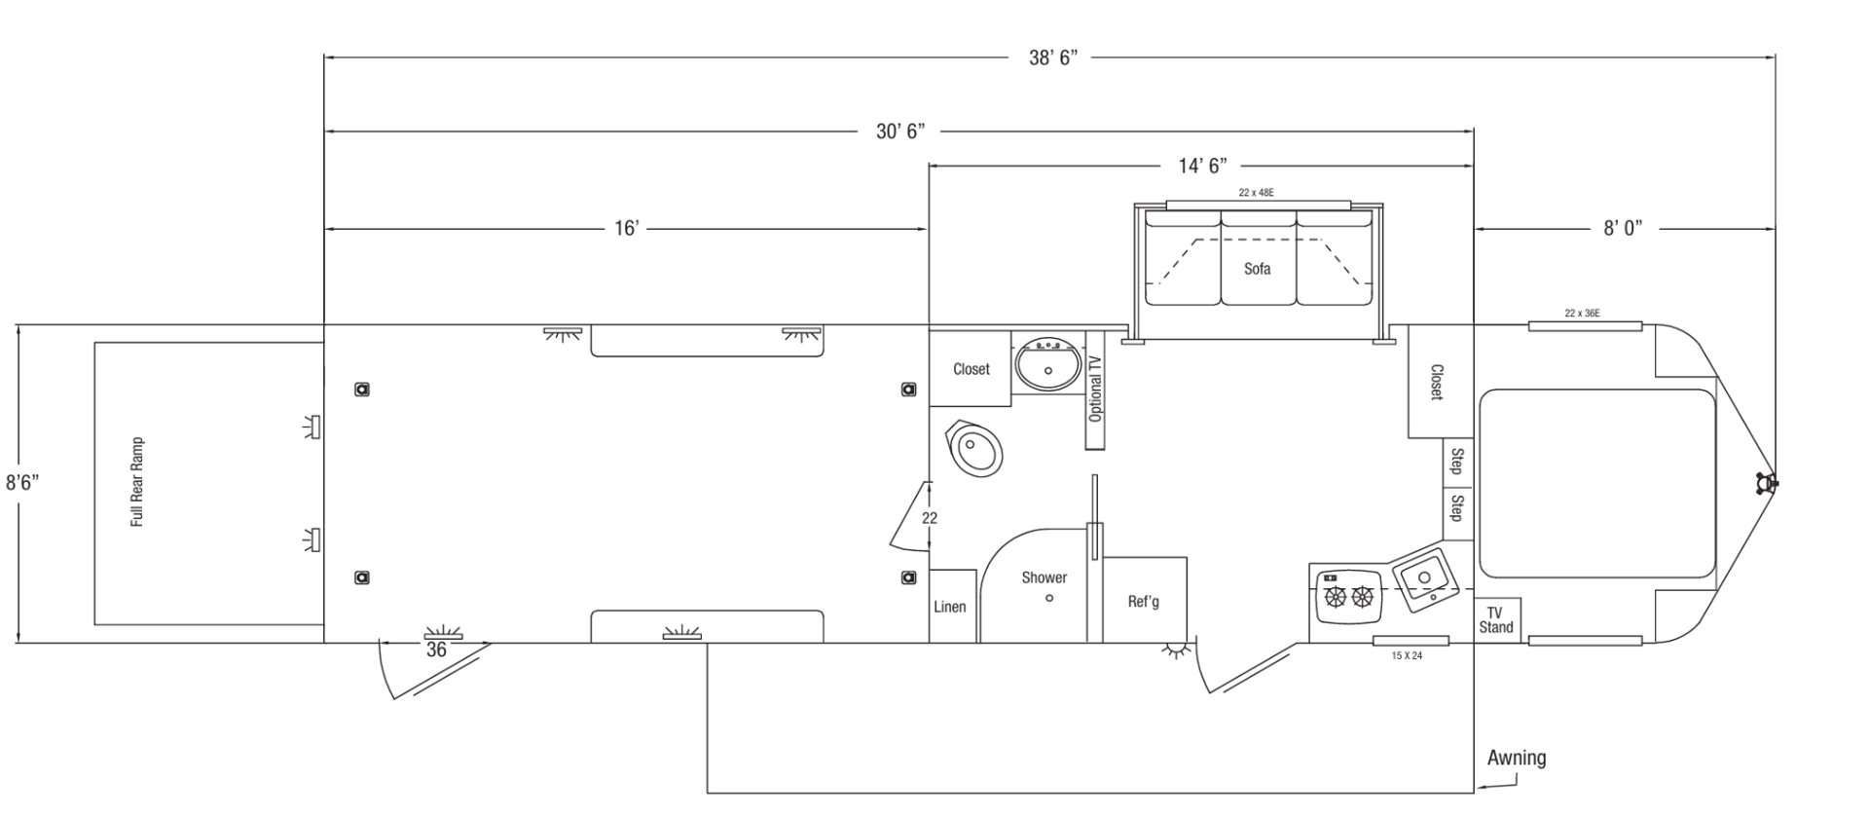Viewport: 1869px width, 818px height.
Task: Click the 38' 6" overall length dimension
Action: tap(1053, 57)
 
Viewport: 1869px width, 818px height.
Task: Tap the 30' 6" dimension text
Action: tap(899, 130)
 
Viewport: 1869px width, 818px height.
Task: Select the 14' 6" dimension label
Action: tap(1202, 166)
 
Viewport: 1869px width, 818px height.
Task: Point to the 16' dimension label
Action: tap(626, 228)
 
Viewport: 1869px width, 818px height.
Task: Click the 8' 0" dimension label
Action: tap(1623, 228)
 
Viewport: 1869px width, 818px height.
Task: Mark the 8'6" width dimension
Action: tap(21, 482)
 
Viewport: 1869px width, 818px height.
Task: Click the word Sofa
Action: tap(1257, 269)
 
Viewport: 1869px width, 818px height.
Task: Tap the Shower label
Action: tap(1044, 577)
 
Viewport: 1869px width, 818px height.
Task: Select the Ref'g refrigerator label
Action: tap(1144, 602)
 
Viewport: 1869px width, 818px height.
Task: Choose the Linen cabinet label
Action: tap(950, 607)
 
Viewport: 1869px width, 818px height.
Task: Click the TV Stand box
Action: tap(1497, 619)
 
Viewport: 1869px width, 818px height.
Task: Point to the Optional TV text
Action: tap(1096, 388)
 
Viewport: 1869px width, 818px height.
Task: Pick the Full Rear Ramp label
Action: tap(137, 482)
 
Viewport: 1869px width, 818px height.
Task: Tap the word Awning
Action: tap(1517, 758)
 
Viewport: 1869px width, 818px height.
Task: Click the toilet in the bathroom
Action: tap(974, 449)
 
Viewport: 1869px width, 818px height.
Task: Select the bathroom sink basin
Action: tap(1048, 365)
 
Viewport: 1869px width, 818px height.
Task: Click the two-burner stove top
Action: tap(1349, 597)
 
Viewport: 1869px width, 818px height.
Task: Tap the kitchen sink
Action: tap(1422, 579)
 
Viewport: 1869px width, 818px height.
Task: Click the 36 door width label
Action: tap(436, 650)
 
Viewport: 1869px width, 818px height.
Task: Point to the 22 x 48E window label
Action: tap(1256, 193)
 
